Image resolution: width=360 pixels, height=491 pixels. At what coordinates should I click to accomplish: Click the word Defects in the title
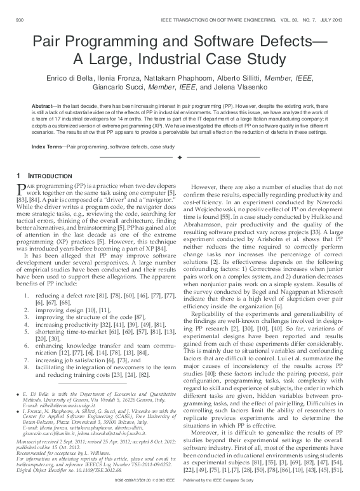click(x=270, y=42)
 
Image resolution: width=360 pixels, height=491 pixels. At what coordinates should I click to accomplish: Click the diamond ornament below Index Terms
click(x=180, y=157)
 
